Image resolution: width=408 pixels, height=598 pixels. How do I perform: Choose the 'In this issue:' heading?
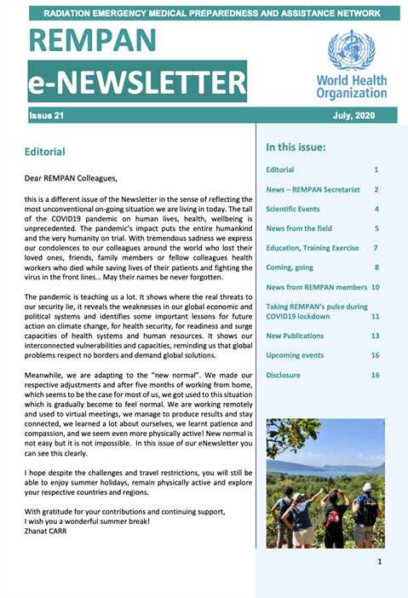pyautogui.click(x=296, y=147)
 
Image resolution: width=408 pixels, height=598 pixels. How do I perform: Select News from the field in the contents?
pyautogui.click(x=300, y=228)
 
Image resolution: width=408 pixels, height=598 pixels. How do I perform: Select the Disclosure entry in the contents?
pyautogui.click(x=283, y=374)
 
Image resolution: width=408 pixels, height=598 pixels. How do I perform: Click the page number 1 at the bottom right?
pyautogui.click(x=379, y=561)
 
